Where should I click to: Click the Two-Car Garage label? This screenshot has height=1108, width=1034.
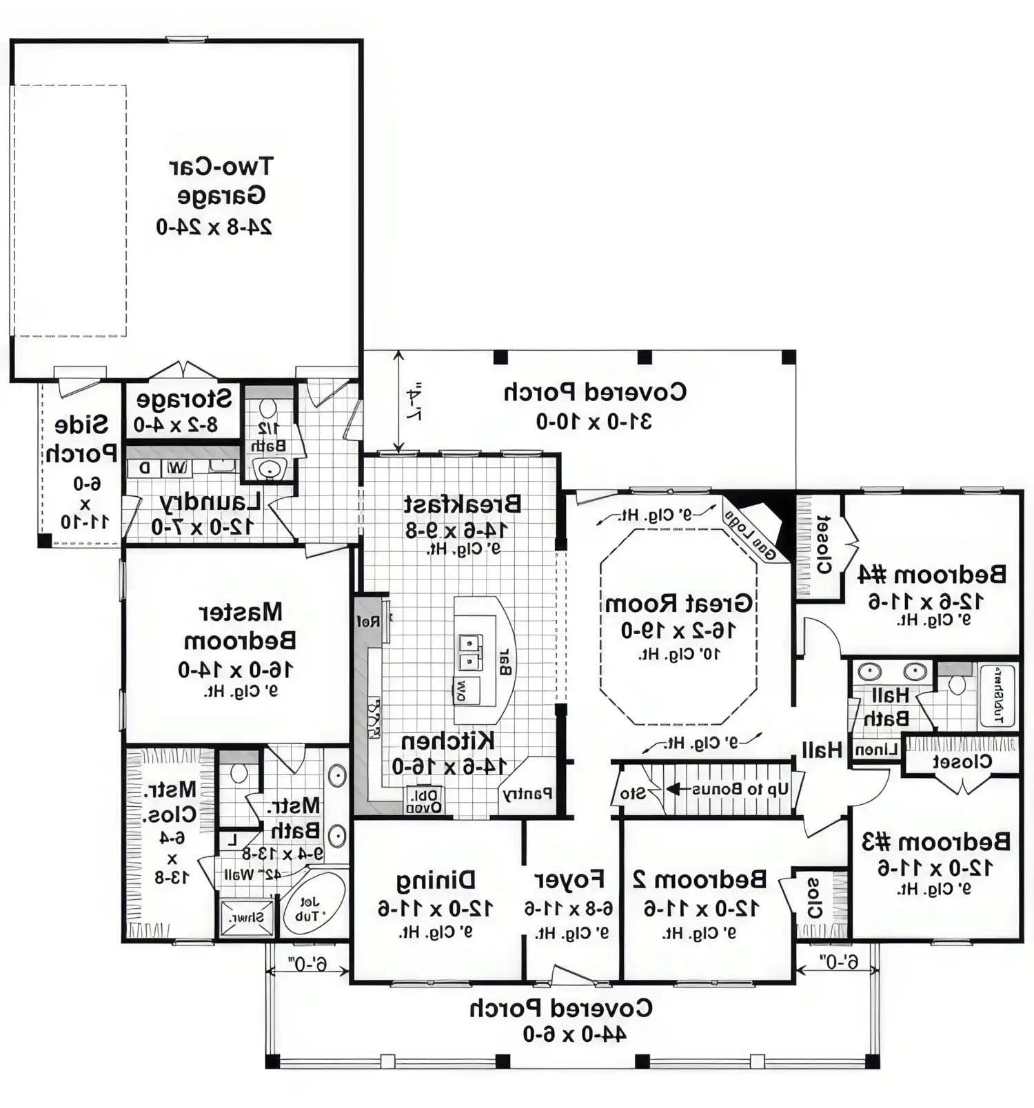click(221, 181)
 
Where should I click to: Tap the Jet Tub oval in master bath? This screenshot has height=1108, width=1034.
click(314, 903)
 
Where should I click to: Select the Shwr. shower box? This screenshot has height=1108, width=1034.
click(246, 918)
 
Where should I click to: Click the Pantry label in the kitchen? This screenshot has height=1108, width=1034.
click(527, 793)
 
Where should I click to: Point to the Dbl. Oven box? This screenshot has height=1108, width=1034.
click(425, 800)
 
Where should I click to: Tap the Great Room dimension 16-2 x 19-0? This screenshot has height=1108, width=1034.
click(678, 630)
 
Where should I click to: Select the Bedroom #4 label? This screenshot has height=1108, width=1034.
click(931, 574)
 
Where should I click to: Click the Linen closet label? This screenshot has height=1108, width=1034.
click(875, 750)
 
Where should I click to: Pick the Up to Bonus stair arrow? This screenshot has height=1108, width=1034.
click(676, 789)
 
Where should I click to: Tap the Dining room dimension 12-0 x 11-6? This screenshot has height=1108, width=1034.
click(435, 908)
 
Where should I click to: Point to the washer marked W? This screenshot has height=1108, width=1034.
click(177, 468)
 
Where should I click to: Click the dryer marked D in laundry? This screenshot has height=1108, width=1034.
click(144, 468)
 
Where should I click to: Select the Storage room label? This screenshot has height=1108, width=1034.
click(184, 400)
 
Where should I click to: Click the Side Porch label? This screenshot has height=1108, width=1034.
click(81, 438)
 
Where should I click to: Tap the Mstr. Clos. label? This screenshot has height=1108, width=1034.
click(170, 801)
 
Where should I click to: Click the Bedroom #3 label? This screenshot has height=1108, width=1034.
click(935, 841)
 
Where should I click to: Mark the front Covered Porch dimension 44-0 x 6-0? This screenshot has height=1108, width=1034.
click(574, 1034)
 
